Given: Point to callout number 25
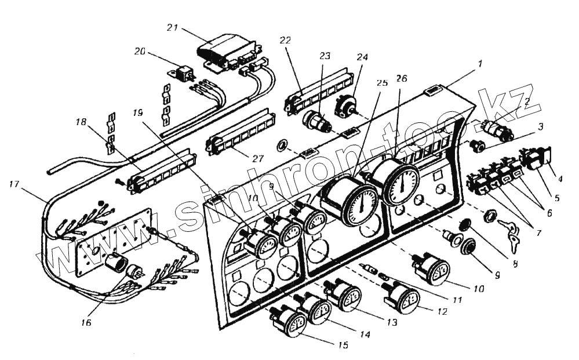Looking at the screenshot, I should pos(381,83).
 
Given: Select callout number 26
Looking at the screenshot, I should pos(402,79).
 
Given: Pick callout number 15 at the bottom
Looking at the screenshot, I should pos(343,345).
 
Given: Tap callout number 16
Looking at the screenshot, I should pos(86,322).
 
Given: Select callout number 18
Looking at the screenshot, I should pos(81,123).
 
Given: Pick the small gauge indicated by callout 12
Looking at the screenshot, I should pos(404,298).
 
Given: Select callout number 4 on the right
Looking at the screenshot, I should pos(560,179).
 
